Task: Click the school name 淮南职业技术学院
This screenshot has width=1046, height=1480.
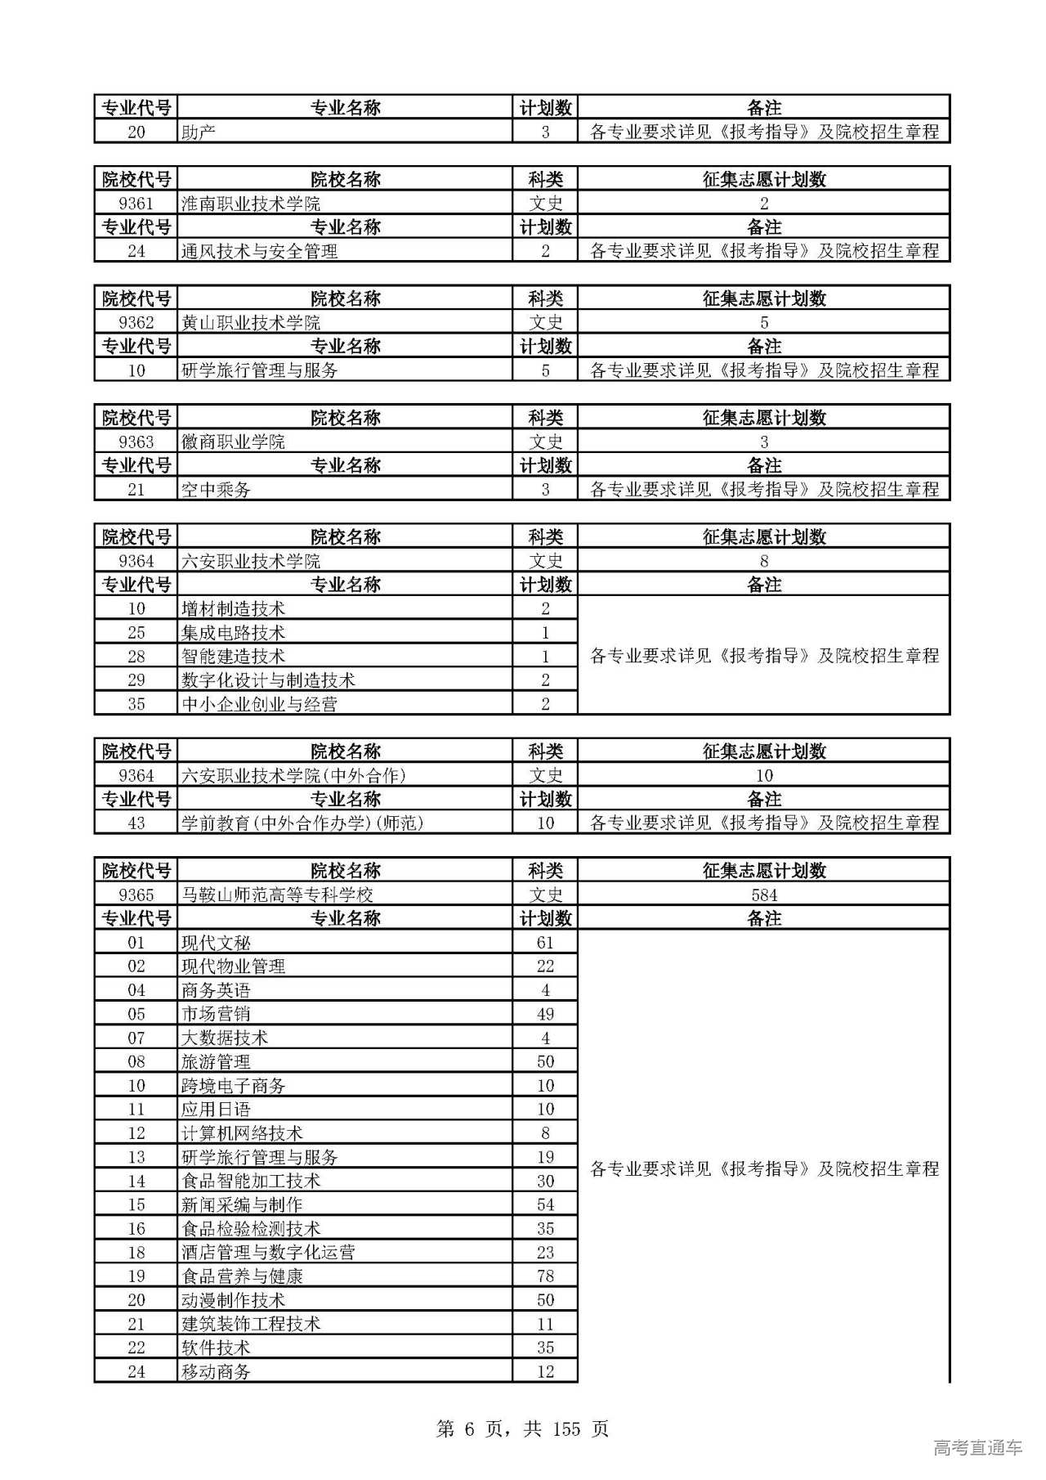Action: tap(250, 203)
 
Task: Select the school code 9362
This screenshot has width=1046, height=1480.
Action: tap(136, 322)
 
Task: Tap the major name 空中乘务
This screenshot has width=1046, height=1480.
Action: tap(216, 489)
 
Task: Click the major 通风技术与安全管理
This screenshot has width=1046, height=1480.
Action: tap(259, 251)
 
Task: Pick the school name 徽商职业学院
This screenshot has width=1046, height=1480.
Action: tap(233, 442)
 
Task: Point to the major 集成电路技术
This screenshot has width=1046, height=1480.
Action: tap(233, 632)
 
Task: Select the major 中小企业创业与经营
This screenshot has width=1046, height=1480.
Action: tap(259, 703)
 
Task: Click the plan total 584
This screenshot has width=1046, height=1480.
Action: tap(764, 895)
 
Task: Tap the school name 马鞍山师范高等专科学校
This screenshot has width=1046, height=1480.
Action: tap(277, 895)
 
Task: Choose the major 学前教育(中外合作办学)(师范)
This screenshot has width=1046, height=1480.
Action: tap(302, 823)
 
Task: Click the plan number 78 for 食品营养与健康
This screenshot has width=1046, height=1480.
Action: tap(545, 1276)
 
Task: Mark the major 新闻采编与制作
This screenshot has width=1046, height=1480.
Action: tap(242, 1204)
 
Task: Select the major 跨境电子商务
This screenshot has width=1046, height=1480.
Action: tap(233, 1085)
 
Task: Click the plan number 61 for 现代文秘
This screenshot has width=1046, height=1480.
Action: tap(545, 942)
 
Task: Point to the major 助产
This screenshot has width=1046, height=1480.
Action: tap(199, 132)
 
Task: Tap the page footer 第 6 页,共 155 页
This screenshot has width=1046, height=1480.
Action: tap(523, 1428)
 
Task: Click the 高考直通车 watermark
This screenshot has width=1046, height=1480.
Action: tap(977, 1447)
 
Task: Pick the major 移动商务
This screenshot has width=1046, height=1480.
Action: tap(216, 1371)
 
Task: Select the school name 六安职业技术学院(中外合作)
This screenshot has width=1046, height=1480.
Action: tap(293, 775)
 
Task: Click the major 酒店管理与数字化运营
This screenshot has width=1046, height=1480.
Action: tap(268, 1252)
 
